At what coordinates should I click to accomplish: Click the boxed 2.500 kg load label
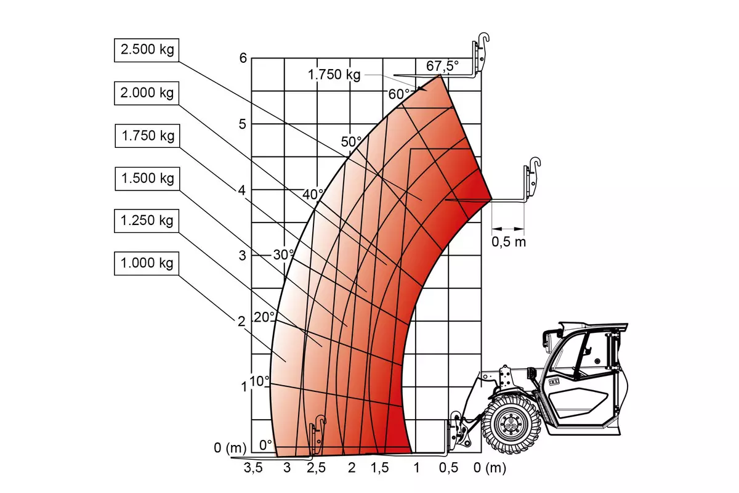(x=147, y=50)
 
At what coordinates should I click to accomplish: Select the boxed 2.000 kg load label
(x=147, y=93)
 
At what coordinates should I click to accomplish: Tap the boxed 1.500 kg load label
(x=147, y=179)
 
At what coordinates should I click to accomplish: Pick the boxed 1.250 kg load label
(x=147, y=221)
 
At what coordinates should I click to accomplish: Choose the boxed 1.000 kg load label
(x=147, y=263)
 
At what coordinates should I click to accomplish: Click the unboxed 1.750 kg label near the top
(x=334, y=75)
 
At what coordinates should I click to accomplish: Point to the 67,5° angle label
(x=442, y=66)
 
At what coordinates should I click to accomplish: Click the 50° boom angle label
(x=351, y=142)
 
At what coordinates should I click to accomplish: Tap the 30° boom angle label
(x=283, y=255)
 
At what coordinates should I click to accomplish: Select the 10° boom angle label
(x=259, y=381)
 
